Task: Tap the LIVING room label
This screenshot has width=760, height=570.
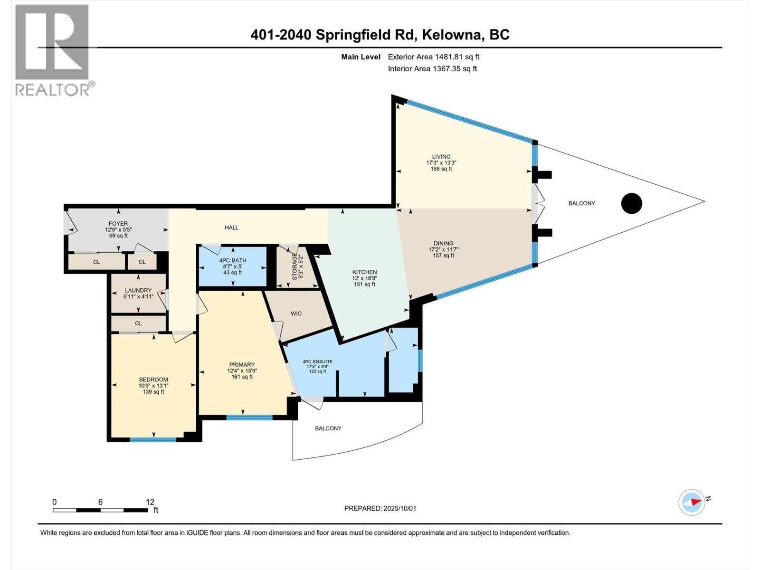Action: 441,157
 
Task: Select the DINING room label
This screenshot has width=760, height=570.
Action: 443,243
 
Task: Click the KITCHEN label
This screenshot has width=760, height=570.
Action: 364,272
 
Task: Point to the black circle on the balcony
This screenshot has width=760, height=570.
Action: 632,203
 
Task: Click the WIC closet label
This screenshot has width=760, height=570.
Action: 296,313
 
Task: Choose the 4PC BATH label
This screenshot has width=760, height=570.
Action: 233,260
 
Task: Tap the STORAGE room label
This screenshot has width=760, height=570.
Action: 294,266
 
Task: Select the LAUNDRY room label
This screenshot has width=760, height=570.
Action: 138,290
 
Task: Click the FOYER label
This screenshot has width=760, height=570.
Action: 118,223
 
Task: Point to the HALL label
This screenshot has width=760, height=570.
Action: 232,228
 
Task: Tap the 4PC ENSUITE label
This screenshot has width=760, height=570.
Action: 318,361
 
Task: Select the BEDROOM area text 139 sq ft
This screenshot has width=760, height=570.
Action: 153,392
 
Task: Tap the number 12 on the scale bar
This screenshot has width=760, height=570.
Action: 150,502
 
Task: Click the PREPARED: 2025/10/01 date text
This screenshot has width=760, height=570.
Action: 380,508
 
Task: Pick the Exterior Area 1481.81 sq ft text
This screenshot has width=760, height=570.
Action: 433,57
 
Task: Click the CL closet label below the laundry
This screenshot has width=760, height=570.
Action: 138,323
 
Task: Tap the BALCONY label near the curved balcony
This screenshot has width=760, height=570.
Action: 328,428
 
